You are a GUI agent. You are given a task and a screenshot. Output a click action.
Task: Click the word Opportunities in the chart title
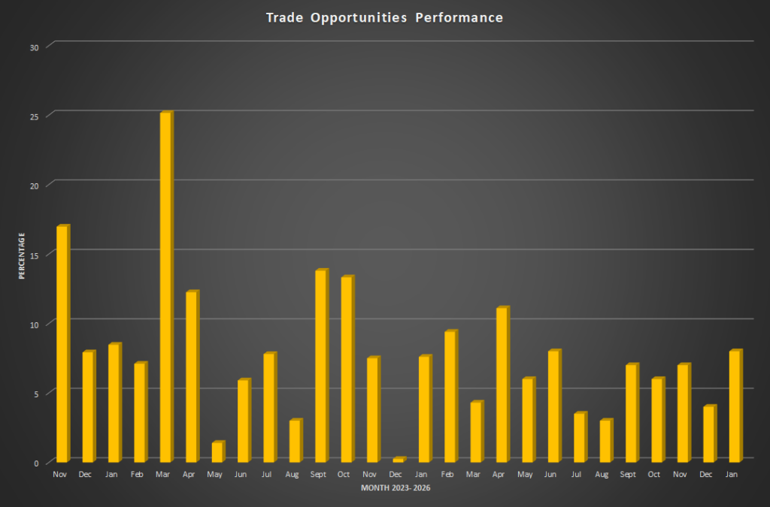pyautogui.click(x=357, y=17)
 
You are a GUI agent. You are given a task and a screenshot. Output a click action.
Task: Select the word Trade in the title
pyautogui.click(x=283, y=17)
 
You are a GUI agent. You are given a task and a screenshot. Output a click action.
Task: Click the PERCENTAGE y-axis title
pyautogui.click(x=22, y=256)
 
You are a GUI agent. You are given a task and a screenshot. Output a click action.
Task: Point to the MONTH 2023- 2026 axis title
pyautogui.click(x=396, y=489)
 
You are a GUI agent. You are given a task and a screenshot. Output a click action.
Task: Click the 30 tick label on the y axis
pyautogui.click(x=35, y=47)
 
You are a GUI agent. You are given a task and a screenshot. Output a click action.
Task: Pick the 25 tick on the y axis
pyautogui.click(x=35, y=116)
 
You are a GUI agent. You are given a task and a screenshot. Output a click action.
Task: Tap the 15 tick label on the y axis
pyautogui.click(x=35, y=255)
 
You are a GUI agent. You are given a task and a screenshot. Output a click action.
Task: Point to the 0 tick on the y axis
pyautogui.click(x=36, y=463)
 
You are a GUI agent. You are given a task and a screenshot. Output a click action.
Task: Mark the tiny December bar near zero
pyautogui.click(x=398, y=460)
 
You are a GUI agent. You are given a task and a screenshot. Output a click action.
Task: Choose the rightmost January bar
pyautogui.click(x=735, y=406)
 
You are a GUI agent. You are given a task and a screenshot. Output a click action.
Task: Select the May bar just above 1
pyautogui.click(x=217, y=452)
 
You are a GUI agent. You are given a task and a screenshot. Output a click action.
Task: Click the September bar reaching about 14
pyautogui.click(x=320, y=366)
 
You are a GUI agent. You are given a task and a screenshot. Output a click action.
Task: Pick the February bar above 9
pyautogui.click(x=450, y=397)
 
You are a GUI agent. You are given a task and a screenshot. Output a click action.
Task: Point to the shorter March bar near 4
pyautogui.click(x=475, y=432)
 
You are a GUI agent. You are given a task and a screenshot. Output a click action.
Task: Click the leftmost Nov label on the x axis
pyautogui.click(x=60, y=475)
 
